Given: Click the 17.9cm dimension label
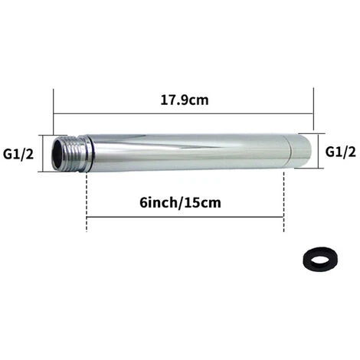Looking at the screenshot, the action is click(x=185, y=100).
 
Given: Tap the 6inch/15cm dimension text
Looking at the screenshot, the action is click(x=180, y=203).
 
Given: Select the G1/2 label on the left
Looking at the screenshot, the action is click(x=18, y=154).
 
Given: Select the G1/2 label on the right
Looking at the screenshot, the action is click(x=341, y=152).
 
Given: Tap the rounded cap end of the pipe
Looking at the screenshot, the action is click(x=299, y=151).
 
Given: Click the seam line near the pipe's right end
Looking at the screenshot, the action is click(x=290, y=151).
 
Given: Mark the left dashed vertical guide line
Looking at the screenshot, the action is click(x=87, y=201).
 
